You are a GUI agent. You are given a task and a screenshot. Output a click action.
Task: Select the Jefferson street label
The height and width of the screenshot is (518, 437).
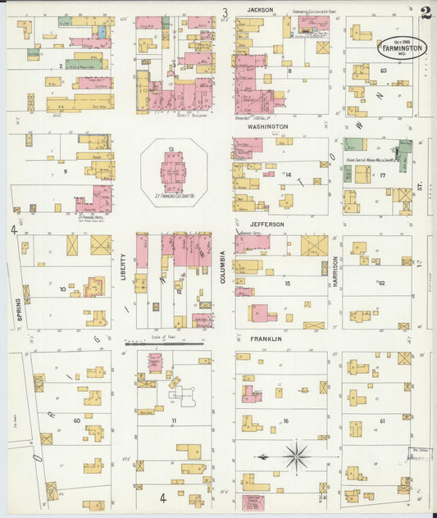pyautogui.click(x=262, y=224)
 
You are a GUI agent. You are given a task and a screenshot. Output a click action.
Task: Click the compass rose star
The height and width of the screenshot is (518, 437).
pyautogui.click(x=295, y=456)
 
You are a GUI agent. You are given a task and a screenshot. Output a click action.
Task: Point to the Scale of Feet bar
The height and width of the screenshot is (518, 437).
pyautogui.click(x=164, y=343)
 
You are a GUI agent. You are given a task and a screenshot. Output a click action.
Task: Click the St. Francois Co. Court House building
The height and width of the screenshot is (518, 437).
pyautogui.click(x=172, y=173)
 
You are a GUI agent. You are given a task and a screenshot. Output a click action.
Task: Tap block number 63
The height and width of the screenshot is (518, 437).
pyautogui.click(x=383, y=71)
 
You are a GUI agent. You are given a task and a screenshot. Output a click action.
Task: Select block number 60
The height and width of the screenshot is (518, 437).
pyautogui.click(x=77, y=420)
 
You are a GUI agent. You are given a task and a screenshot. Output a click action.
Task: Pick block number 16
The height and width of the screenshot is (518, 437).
pyautogui.click(x=286, y=421)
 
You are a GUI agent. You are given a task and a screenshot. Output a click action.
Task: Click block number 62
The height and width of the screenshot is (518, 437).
pyautogui.click(x=382, y=283)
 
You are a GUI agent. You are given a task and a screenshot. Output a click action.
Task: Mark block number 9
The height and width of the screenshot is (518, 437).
pyautogui.click(x=64, y=171)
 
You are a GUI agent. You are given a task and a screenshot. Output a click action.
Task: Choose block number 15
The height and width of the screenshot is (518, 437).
pyautogui.click(x=287, y=284)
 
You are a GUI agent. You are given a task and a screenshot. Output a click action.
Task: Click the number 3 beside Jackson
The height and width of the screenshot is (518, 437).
pyautogui.click(x=224, y=12)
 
